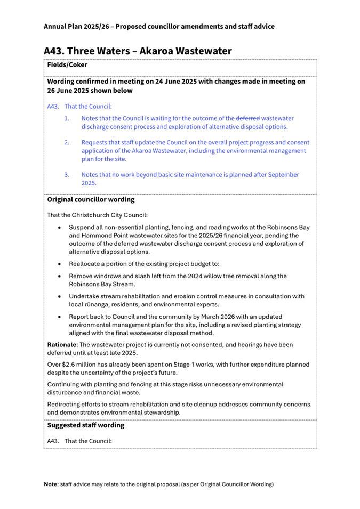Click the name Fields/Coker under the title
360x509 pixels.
(x=67, y=64)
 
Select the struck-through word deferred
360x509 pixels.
(x=248, y=118)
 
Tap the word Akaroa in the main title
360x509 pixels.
(x=155, y=51)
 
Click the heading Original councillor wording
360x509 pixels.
(x=91, y=200)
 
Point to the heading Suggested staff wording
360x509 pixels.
(x=86, y=425)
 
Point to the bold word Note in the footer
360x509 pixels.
(x=51, y=484)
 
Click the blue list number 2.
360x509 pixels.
(x=67, y=143)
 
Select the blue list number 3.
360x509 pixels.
(x=67, y=175)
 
